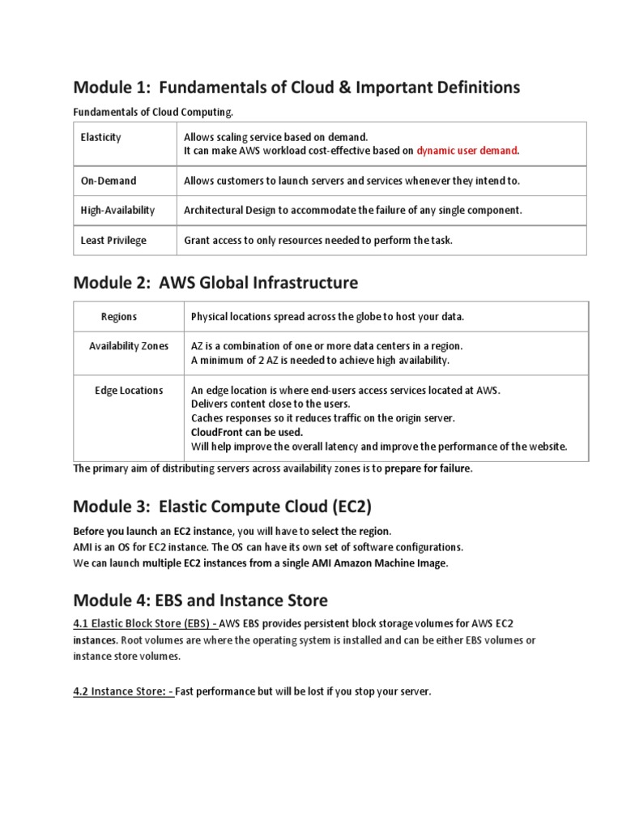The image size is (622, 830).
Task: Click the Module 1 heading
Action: [296, 87]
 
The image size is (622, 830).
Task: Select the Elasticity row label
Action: [101, 137]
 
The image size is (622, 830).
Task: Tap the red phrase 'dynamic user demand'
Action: [468, 150]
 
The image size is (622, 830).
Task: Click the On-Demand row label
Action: [109, 181]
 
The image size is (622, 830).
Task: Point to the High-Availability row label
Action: [117, 210]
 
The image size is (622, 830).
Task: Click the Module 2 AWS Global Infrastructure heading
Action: [215, 282]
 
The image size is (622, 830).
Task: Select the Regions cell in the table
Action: [119, 316]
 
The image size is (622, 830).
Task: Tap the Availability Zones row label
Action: [129, 346]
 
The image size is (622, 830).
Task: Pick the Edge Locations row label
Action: [129, 390]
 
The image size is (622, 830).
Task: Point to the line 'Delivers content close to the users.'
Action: [271, 404]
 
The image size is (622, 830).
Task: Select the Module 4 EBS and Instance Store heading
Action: [201, 601]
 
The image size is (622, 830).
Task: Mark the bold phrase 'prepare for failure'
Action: [428, 468]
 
